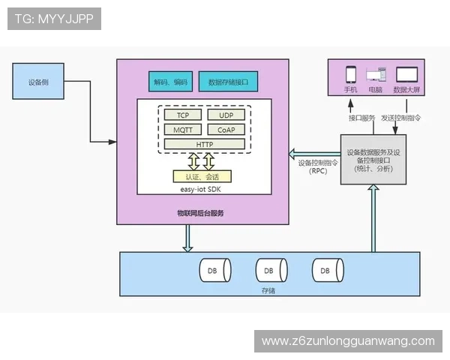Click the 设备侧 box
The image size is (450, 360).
click(39, 82)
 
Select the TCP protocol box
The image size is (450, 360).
click(183, 115)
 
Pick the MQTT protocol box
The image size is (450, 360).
click(183, 130)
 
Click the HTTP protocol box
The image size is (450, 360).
click(204, 144)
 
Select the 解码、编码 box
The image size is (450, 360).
click(170, 82)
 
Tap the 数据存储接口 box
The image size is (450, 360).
click(233, 82)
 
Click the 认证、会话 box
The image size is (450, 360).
click(202, 177)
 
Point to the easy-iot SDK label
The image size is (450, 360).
click(202, 190)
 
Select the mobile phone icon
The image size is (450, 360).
click(350, 74)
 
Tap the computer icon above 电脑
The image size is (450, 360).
click(376, 75)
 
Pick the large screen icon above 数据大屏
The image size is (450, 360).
click(406, 74)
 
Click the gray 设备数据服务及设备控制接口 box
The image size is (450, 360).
click(373, 159)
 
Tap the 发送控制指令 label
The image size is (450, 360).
click(400, 118)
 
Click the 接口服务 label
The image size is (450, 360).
click(361, 118)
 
